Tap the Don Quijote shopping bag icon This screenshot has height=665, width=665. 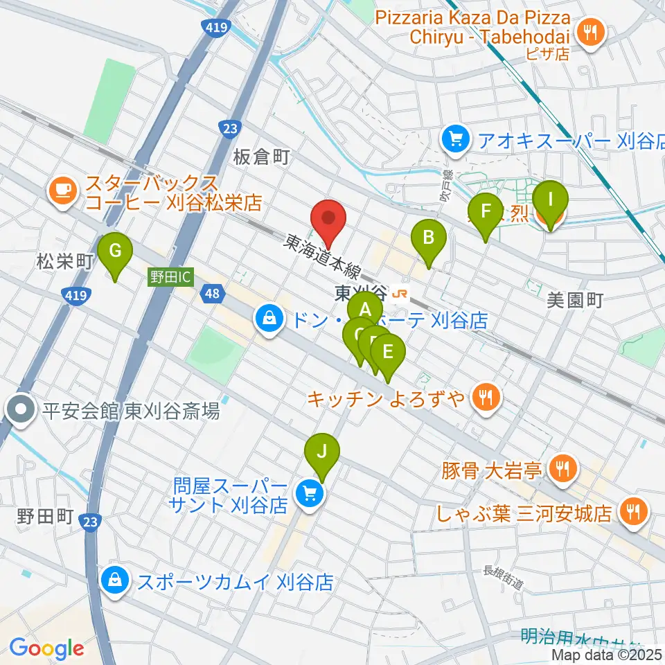point(267,319)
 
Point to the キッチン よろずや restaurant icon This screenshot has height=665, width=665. point(484,397)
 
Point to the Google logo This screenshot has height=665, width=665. point(46,649)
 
